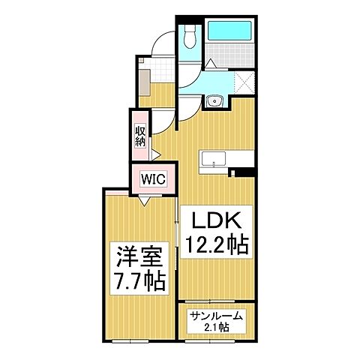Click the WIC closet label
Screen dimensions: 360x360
click(152, 180)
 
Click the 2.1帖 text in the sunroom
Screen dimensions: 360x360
click(216, 328)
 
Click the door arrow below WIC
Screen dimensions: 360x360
click(143, 202)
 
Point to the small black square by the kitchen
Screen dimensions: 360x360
click(233, 174)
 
